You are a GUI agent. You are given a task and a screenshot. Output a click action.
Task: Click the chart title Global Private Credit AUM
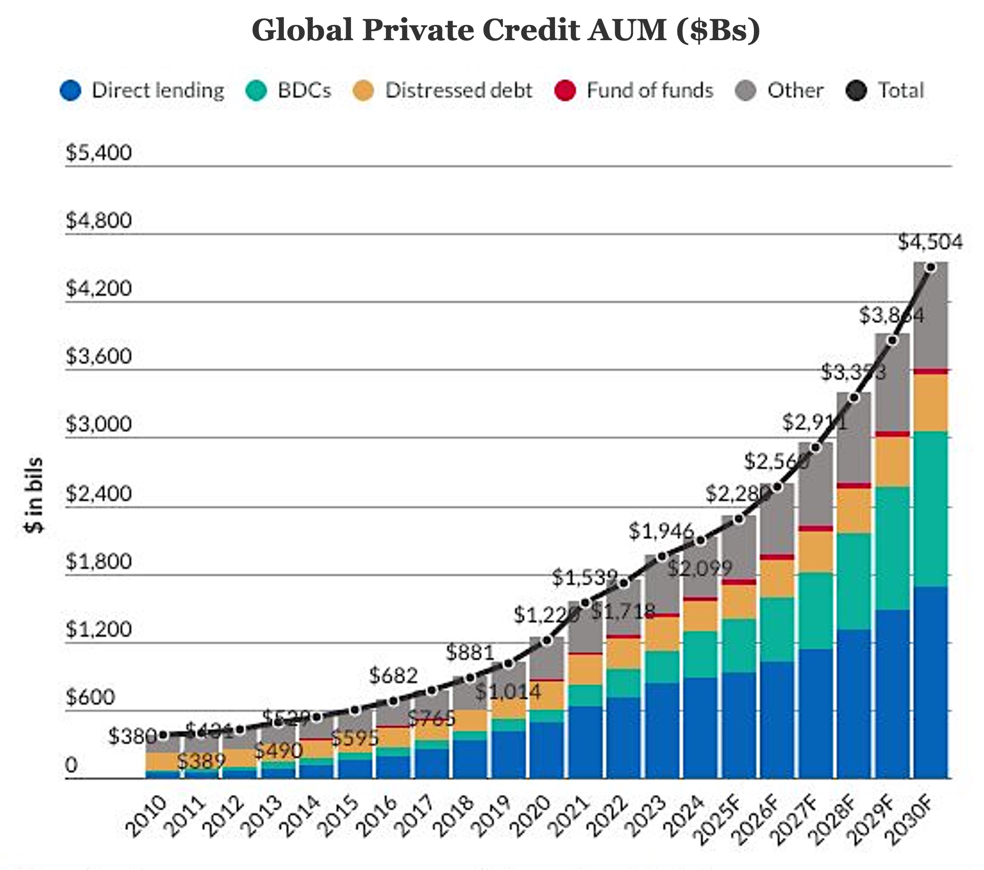point(506,30)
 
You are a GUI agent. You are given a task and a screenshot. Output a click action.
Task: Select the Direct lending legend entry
point(143,90)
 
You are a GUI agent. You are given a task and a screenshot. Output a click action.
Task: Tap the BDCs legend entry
point(288,90)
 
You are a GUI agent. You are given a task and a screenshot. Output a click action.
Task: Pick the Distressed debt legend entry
point(442,90)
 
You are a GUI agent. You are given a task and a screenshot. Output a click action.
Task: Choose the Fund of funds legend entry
point(633,90)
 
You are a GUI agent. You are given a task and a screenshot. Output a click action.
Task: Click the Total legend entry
point(885,90)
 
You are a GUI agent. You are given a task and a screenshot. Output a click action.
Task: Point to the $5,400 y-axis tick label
point(99,153)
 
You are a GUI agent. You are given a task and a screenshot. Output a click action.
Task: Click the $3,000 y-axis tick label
point(99,424)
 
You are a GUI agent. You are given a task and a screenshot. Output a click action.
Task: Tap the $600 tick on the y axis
point(90,697)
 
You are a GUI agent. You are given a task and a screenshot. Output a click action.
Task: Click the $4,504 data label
point(930,242)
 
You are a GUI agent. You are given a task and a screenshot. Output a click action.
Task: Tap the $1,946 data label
point(662,531)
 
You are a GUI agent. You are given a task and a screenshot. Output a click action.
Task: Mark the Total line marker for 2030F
point(931,267)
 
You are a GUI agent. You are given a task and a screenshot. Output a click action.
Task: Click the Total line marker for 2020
point(547,640)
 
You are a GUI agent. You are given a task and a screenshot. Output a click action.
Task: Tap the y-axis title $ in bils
point(34,495)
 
